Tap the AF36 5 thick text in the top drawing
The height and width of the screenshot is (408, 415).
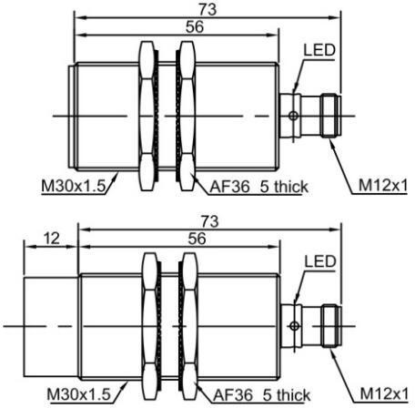pos(258,187)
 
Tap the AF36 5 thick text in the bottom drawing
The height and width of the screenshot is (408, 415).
pos(258,394)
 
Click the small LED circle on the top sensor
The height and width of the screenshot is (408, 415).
pos(293,115)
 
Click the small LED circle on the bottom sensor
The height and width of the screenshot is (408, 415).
pos(293,325)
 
